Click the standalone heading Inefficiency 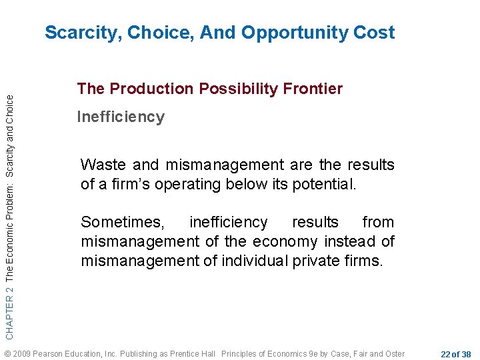(121, 117)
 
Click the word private (322, 261)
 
